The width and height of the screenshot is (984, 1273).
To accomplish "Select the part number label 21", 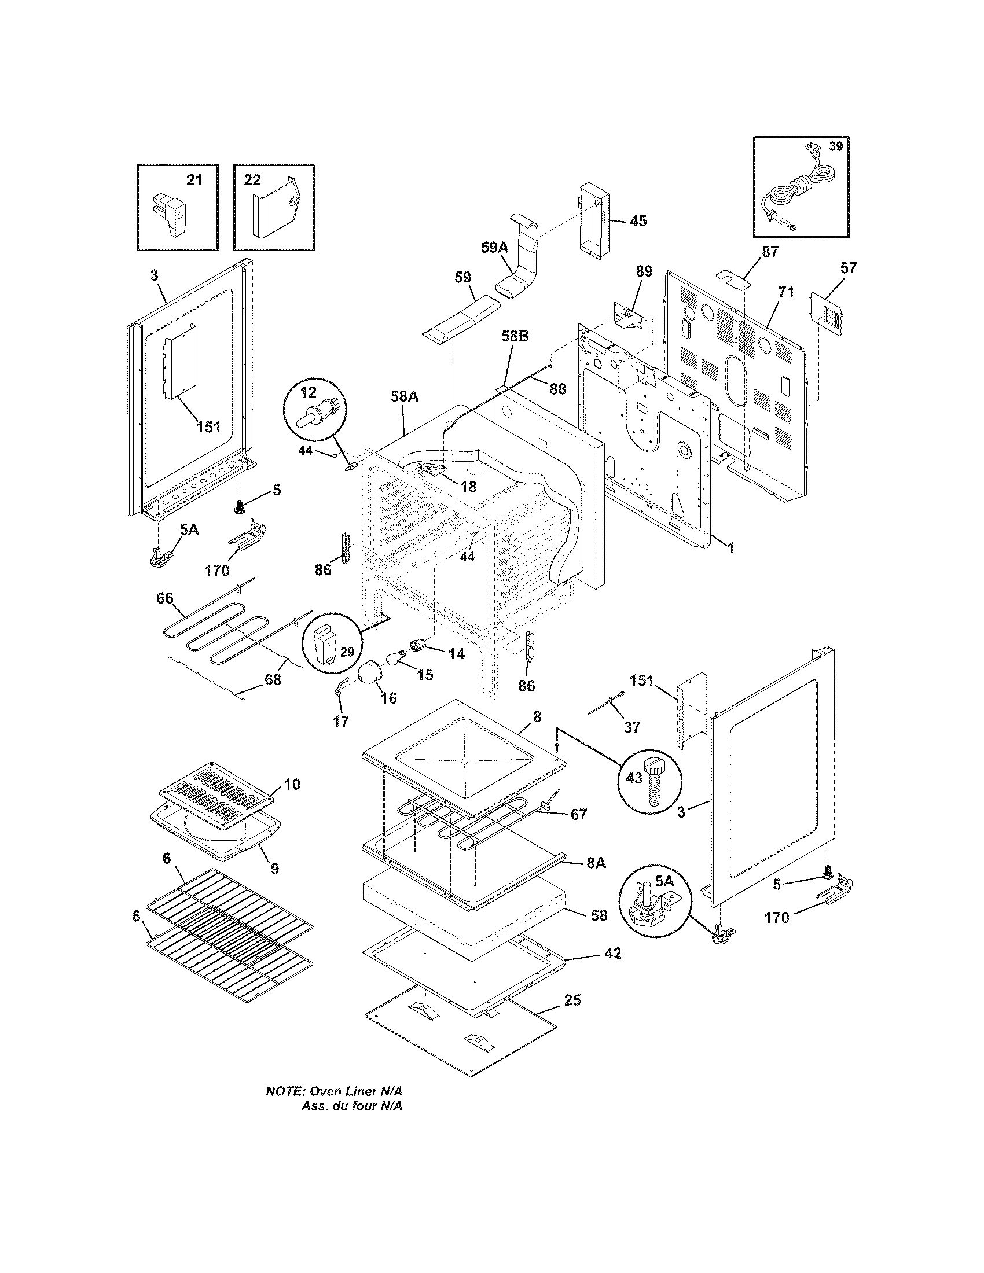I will point(194,180).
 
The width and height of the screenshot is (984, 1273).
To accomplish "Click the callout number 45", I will point(638,221).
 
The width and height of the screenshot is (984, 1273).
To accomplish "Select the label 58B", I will point(515,336).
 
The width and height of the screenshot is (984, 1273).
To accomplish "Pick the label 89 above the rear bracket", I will point(644,271).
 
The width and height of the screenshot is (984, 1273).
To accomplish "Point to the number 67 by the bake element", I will point(578,815).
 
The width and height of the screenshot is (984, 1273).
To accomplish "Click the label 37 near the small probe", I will point(632,727).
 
